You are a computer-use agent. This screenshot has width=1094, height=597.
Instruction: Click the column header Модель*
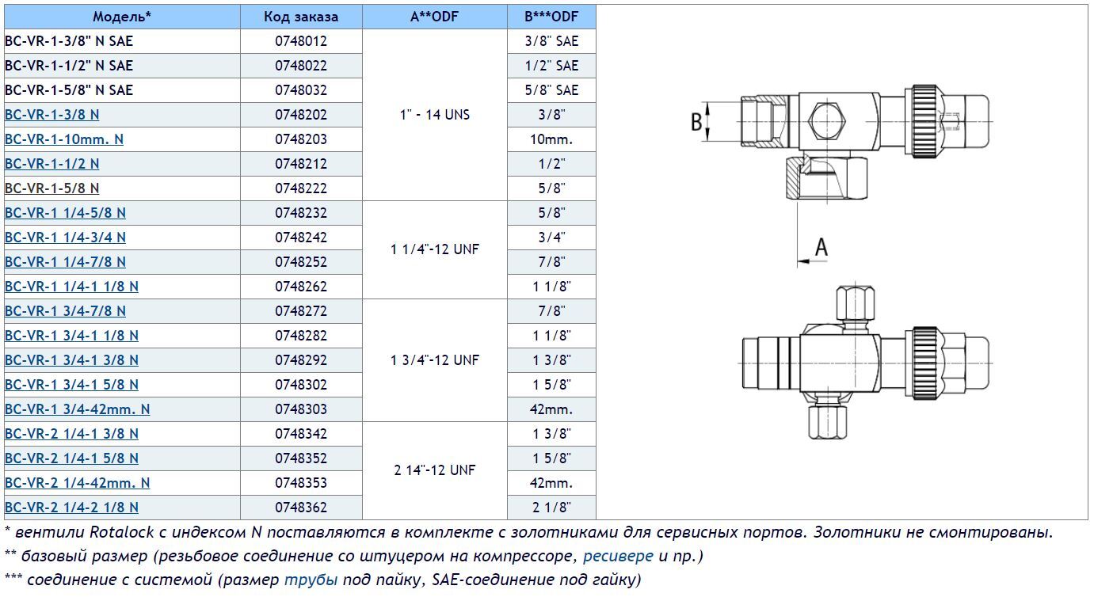122,17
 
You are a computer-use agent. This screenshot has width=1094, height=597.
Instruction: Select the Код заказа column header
301,17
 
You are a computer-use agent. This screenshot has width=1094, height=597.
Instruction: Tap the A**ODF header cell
434,17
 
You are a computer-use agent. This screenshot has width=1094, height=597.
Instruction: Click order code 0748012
301,41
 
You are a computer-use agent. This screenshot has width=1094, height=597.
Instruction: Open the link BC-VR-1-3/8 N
52,115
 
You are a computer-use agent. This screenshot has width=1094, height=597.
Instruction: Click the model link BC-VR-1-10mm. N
64,139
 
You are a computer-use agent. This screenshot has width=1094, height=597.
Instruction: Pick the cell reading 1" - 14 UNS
434,115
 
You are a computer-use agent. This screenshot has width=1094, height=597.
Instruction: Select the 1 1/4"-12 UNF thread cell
434,249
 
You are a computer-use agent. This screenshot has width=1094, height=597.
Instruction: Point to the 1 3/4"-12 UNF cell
434,360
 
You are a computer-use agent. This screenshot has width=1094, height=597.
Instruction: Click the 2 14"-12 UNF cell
434,470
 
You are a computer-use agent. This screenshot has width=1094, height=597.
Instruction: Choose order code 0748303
301,409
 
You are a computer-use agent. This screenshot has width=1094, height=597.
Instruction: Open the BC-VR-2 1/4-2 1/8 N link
72,508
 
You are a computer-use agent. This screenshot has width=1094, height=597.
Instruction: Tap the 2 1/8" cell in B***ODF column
551,508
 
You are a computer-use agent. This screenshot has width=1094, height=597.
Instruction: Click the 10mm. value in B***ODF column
551,139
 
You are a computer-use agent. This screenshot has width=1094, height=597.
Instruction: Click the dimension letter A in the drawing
821,248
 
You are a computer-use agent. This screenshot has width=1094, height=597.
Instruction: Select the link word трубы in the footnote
311,580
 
